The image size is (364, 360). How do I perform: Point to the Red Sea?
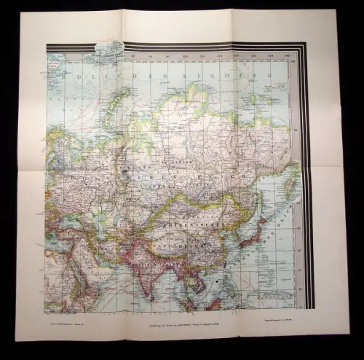tap(62, 273)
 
